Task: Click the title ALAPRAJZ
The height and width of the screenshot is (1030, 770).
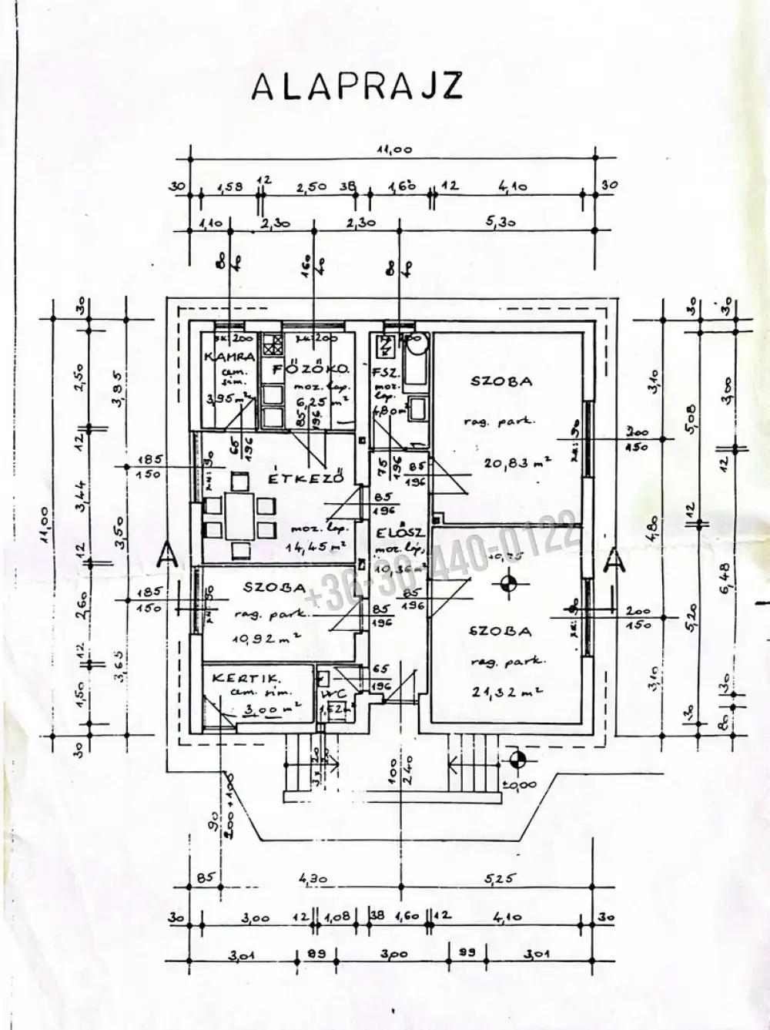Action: tap(357, 86)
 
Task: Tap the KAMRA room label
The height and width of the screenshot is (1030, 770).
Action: tap(229, 357)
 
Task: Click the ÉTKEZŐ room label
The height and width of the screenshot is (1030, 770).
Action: tap(305, 478)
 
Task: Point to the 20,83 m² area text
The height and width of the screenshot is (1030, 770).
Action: tap(517, 462)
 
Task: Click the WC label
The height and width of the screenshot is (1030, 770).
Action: tap(327, 693)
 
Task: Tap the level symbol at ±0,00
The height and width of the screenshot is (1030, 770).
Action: tap(517, 760)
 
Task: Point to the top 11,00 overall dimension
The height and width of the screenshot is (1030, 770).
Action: tap(393, 151)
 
